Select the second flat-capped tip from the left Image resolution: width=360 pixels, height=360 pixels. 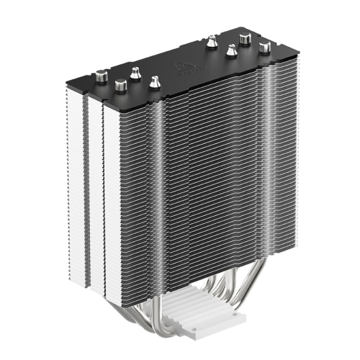tap(120, 86)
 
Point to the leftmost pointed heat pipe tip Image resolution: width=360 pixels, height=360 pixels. tap(135, 73)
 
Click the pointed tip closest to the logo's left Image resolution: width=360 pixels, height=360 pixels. tap(154, 83)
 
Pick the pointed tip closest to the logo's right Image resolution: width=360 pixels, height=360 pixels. tap(211, 42)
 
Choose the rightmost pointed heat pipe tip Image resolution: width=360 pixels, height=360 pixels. tap(231, 51)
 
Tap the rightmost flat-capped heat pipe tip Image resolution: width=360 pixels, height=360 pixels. tap(265, 48)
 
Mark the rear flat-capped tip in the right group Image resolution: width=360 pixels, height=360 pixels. tap(246, 38)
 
